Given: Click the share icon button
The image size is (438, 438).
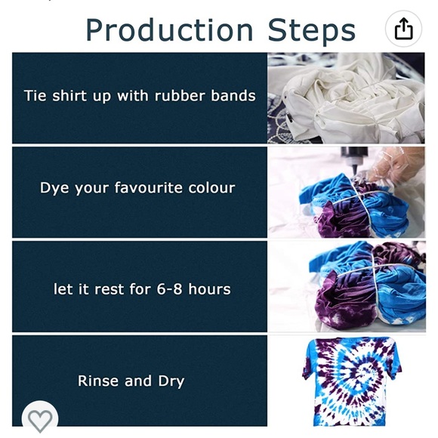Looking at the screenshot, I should coord(404,29).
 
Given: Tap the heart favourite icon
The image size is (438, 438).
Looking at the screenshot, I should coord(39,418).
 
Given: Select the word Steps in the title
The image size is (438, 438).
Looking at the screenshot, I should coord(312,30).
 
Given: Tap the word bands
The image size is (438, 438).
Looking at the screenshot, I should coord(233,96).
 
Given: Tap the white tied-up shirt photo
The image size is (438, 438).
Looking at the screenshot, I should coord(347,98).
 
